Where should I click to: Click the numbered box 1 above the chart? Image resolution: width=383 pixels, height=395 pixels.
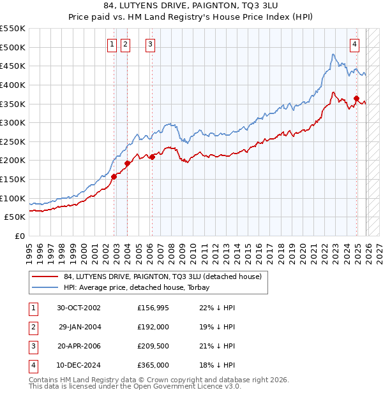click(x=112, y=44)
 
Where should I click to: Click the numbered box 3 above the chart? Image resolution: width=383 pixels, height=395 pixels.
click(x=149, y=44)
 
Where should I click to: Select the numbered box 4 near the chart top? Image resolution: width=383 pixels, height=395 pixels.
click(x=354, y=44)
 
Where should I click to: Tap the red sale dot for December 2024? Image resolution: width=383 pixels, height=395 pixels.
click(x=356, y=98)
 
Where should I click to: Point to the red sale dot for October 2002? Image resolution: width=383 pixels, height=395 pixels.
click(x=114, y=176)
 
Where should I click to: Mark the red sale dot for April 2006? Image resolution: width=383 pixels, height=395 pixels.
click(x=152, y=157)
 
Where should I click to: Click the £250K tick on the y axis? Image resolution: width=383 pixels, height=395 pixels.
click(x=13, y=141)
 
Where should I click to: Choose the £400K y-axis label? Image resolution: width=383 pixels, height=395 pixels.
click(x=13, y=85)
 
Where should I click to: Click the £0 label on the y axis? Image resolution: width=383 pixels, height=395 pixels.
click(x=19, y=236)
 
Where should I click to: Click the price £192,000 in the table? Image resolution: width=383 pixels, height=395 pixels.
click(x=153, y=326)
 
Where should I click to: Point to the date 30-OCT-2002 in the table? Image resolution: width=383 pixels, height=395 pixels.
click(x=79, y=308)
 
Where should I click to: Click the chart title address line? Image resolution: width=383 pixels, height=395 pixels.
click(x=191, y=7)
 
